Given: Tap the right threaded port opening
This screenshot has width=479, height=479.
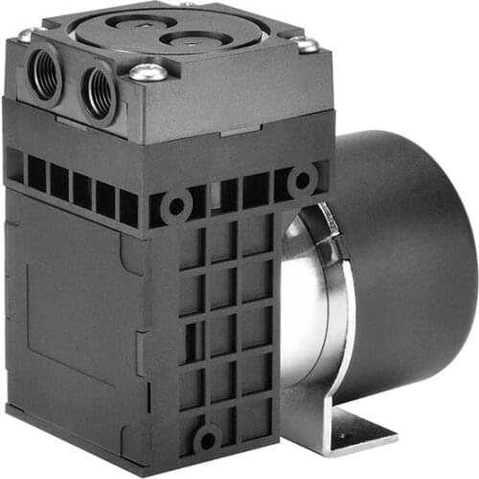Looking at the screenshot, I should (98, 89).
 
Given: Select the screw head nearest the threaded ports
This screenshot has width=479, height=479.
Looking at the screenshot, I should (146, 71).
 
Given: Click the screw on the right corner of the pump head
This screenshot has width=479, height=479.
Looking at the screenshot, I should (307, 44).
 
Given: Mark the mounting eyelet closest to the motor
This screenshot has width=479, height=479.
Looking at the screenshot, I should (303, 179).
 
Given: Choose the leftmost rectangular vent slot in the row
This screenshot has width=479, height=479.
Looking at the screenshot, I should (14, 166).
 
